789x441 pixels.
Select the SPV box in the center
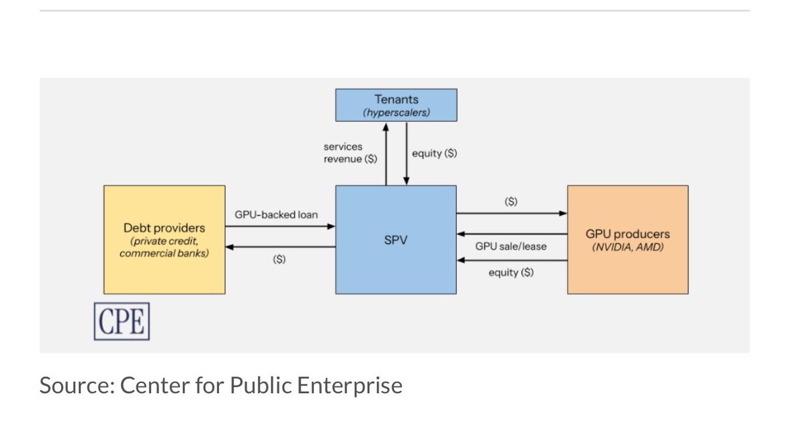pyautogui.click(x=396, y=240)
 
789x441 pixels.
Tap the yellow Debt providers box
pyautogui.click(x=164, y=240)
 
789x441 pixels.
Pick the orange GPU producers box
pyautogui.click(x=628, y=240)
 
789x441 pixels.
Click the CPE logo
pyautogui.click(x=122, y=321)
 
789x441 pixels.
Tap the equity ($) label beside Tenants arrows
pyautogui.click(x=434, y=153)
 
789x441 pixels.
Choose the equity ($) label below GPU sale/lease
pyautogui.click(x=511, y=272)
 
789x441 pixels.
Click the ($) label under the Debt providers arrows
pyautogui.click(x=279, y=259)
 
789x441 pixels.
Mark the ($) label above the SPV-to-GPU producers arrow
pyautogui.click(x=511, y=202)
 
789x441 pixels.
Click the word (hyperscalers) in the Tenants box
pyautogui.click(x=396, y=112)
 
